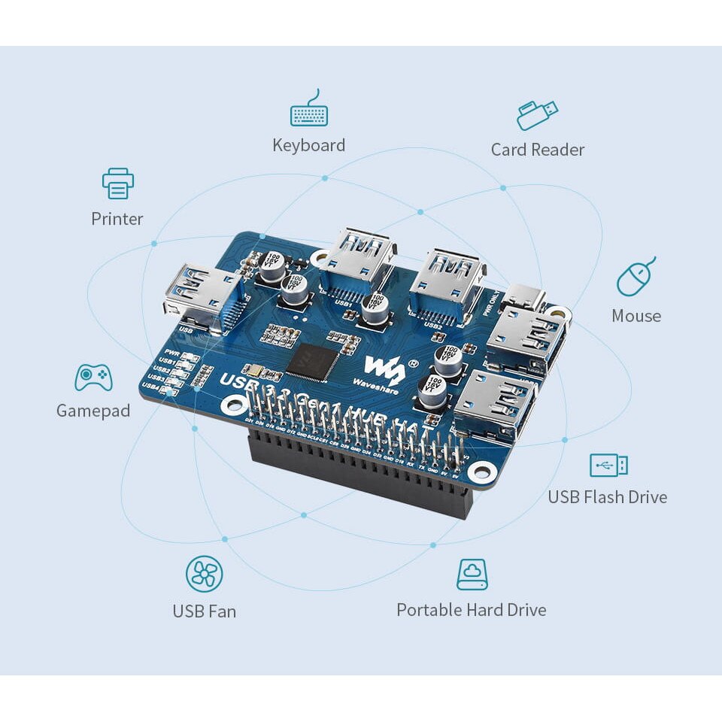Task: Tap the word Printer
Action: (x=117, y=219)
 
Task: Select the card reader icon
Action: (x=537, y=114)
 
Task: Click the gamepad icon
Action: (x=93, y=377)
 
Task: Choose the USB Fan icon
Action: (x=204, y=575)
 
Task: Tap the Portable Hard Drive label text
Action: (x=471, y=610)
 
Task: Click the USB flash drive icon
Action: (x=608, y=465)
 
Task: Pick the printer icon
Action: (x=118, y=184)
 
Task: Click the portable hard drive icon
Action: (x=472, y=575)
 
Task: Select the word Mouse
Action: (x=636, y=316)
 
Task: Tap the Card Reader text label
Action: (x=537, y=150)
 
